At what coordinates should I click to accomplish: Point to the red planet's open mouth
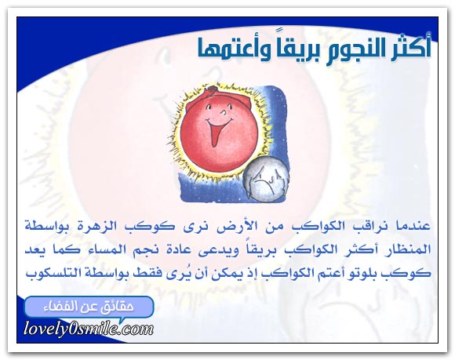pyautogui.click(x=217, y=130)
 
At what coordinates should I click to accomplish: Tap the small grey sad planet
pyautogui.click(x=265, y=179)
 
